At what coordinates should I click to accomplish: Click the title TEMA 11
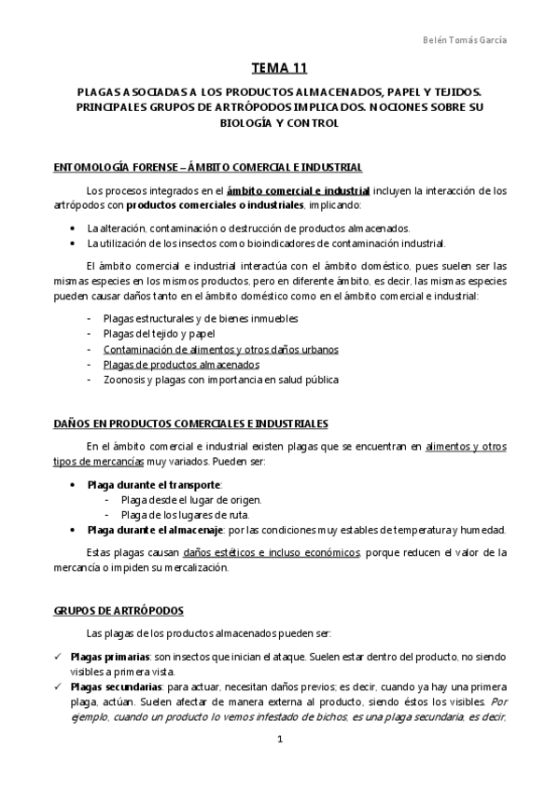[x=279, y=69]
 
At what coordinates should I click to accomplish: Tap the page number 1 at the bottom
[x=280, y=740]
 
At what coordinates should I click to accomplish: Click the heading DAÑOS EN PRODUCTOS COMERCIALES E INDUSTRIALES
[x=191, y=423]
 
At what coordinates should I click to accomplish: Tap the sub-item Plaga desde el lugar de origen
[x=191, y=500]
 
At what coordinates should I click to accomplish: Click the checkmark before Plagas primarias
[x=58, y=657]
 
